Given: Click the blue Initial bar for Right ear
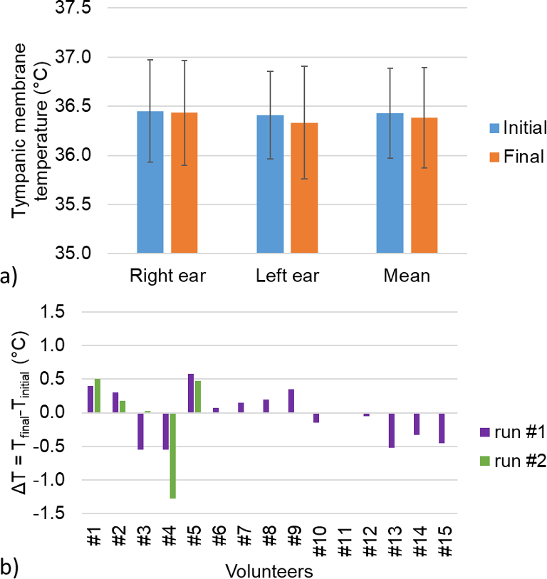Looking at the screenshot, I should tap(150, 182).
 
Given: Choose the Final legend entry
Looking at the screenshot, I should tap(513, 156).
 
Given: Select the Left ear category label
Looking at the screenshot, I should tap(287, 276).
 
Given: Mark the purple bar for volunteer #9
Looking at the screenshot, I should tap(291, 401).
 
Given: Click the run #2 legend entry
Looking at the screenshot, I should tap(514, 461).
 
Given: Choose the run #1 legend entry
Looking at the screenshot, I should tap(514, 432).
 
